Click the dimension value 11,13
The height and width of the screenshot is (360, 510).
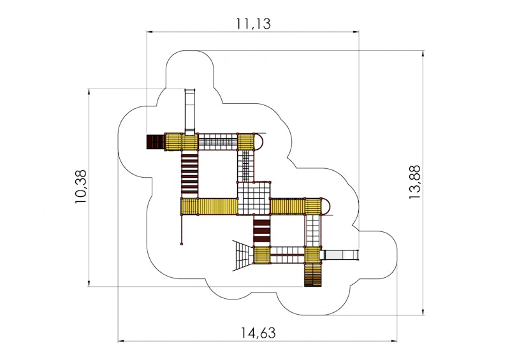click(253, 24)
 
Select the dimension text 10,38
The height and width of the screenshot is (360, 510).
click(80, 187)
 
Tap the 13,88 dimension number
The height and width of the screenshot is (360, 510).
click(415, 183)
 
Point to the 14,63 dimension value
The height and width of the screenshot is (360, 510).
click(258, 332)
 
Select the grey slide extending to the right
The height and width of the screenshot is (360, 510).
click(341, 255)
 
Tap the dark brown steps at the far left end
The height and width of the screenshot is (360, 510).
click(155, 141)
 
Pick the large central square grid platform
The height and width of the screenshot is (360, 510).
click(254, 199)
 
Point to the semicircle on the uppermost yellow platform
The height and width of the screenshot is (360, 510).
click(259, 140)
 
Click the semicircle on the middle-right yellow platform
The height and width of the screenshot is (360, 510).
click(324, 206)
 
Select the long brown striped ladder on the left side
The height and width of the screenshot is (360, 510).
click(189, 174)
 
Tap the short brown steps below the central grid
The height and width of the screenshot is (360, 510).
click(262, 231)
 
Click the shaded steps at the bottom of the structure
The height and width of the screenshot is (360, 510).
click(312, 275)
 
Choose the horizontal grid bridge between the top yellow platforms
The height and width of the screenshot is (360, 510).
click(218, 141)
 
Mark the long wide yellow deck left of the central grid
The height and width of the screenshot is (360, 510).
click(210, 206)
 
